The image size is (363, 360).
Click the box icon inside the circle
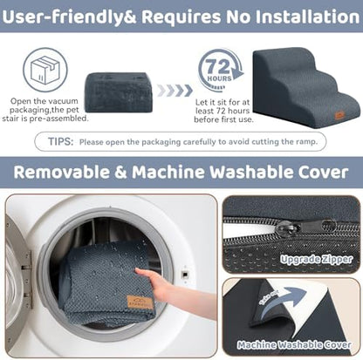tap(45, 70)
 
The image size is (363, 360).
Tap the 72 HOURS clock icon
tap(221, 71)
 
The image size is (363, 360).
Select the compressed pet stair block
tap(119, 92)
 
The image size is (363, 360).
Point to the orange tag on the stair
tap(339, 115)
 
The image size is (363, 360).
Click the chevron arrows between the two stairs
tap(175, 91)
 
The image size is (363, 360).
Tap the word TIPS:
tap(60, 142)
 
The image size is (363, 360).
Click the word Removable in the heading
tap(61, 172)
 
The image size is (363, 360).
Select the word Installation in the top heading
tap(308, 17)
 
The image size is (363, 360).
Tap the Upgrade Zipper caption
tap(316, 259)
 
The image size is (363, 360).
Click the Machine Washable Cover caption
tap(294, 345)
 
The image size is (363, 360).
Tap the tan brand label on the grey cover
tap(140, 302)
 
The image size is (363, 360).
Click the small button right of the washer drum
tap(184, 274)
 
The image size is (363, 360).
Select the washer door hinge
tap(27, 279)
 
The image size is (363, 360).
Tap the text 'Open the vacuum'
tap(45, 101)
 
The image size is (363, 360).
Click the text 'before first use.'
tap(223, 119)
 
